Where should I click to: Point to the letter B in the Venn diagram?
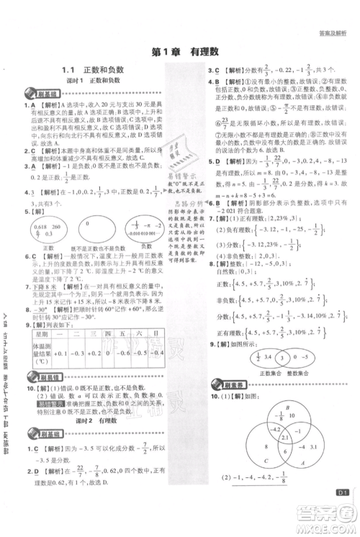pyautogui.click(x=267, y=407)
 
